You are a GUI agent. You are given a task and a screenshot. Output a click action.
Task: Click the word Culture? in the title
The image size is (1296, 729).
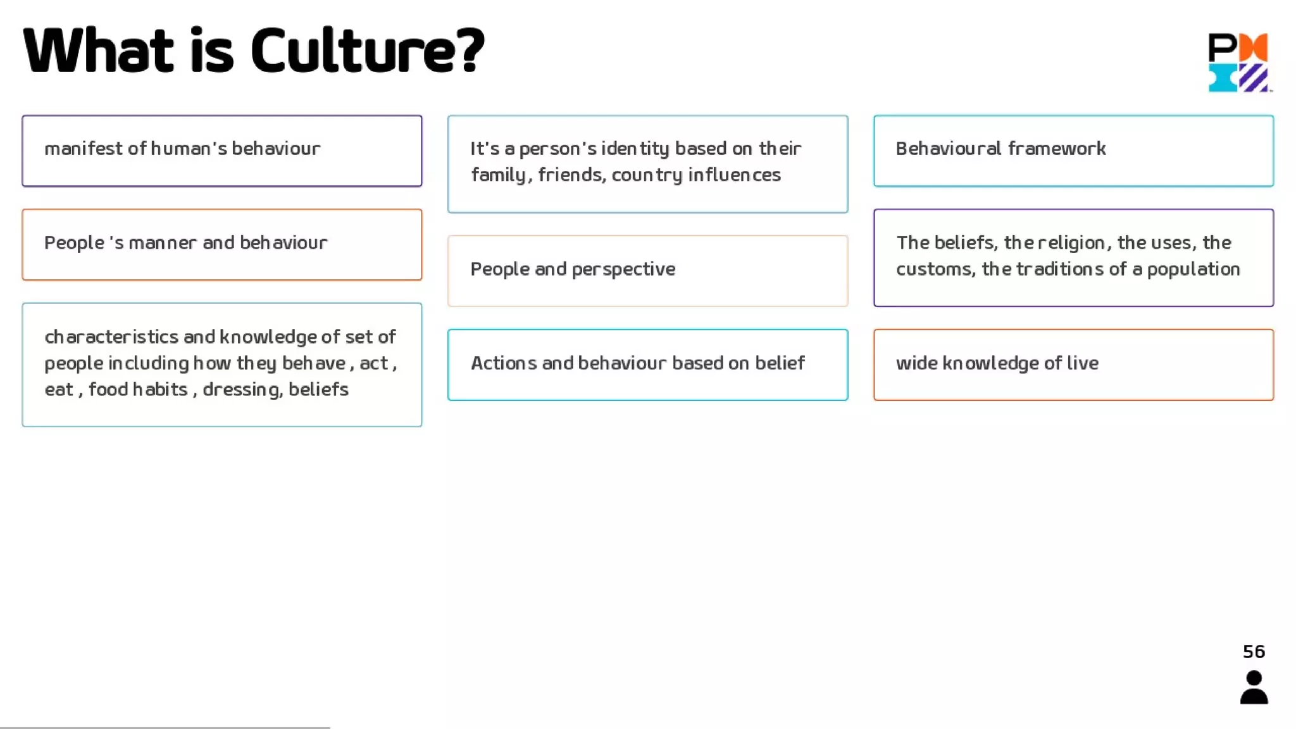tap(368, 51)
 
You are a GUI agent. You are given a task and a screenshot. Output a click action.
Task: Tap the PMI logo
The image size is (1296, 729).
tap(1238, 62)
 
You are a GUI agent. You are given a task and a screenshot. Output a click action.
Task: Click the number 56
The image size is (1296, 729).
tap(1254, 652)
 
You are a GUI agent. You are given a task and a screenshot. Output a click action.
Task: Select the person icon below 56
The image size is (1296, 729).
tap(1254, 688)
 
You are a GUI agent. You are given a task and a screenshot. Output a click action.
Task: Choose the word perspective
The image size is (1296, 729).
tap(623, 270)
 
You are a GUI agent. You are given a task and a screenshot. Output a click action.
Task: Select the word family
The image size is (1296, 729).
tap(499, 175)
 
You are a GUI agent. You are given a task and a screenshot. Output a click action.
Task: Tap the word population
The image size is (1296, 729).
tap(1193, 270)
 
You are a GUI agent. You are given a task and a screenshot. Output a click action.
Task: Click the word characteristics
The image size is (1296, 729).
tap(111, 337)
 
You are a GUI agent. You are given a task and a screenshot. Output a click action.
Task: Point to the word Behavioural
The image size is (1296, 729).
tap(948, 149)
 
